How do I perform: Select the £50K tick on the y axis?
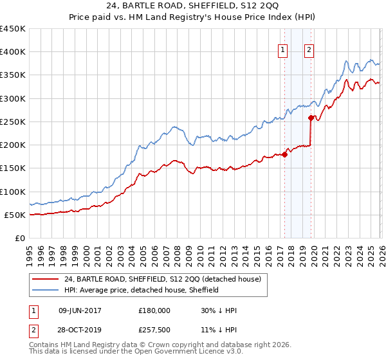14,215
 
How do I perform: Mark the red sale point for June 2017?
284,154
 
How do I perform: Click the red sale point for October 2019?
311,118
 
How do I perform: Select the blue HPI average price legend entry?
141,291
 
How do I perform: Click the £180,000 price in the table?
154,310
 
